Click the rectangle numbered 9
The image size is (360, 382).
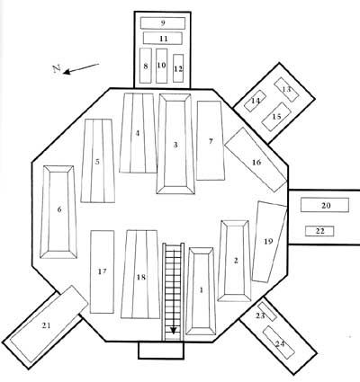163,23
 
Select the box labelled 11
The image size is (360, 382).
163,39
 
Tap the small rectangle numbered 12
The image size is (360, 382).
178,68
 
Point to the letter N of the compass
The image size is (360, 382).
57,68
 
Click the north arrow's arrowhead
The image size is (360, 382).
67,72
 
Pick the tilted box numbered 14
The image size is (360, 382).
255,101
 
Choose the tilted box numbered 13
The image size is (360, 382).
286,89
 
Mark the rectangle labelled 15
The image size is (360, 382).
276,117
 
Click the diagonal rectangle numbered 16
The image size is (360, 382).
256,160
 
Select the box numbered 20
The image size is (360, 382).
325,205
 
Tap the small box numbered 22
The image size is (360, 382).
319,231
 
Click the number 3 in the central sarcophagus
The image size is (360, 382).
175,145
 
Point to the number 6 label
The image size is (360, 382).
59,209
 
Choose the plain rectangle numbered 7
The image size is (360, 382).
211,140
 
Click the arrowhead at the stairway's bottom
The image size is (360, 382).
173,331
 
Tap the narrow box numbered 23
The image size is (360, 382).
267,312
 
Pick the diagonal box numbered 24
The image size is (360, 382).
279,342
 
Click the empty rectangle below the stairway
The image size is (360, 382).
161,350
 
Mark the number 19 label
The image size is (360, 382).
268,241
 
